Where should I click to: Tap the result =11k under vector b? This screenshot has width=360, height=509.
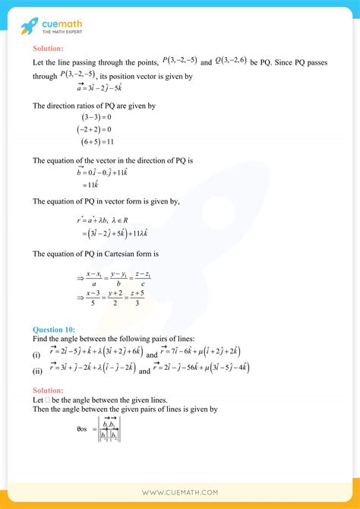click(92, 185)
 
